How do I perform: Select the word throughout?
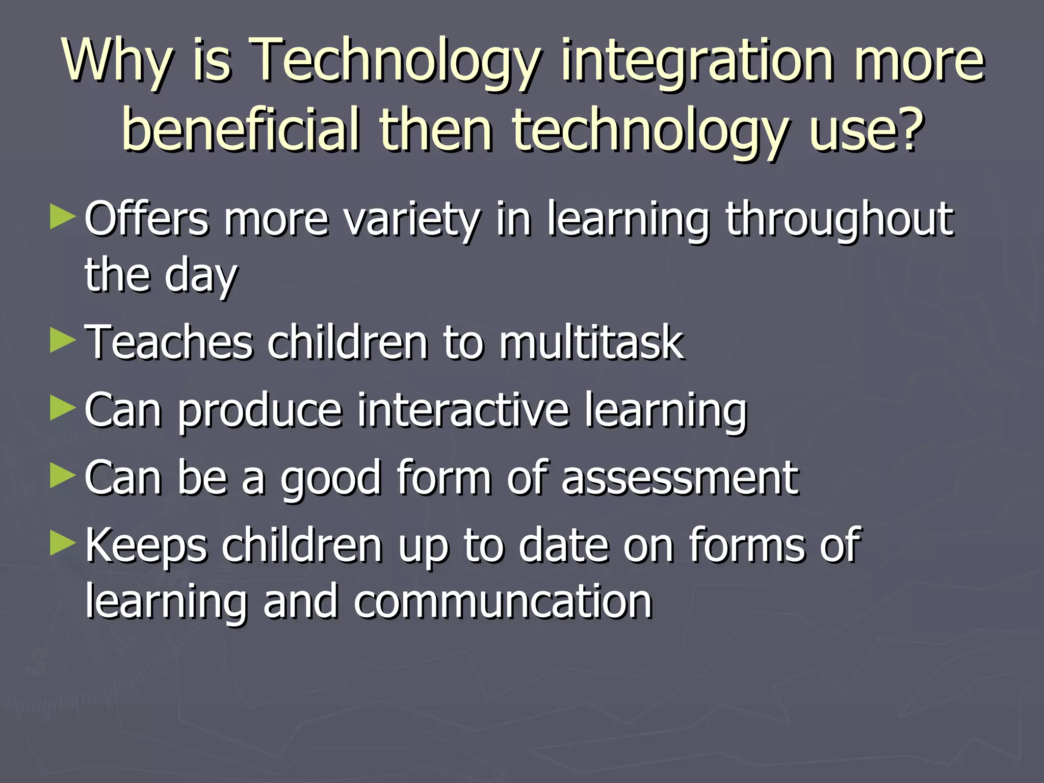pos(839,220)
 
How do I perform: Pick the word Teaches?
pos(168,343)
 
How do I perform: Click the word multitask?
pos(591,343)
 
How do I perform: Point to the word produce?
pos(259,411)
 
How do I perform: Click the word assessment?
pos(680,478)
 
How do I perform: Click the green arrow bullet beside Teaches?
pos(63,340)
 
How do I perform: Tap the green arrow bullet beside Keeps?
pos(63,543)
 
